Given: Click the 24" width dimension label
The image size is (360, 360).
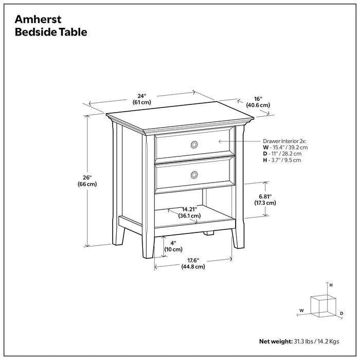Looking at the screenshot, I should tap(141, 98).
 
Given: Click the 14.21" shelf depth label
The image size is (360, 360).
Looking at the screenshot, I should tap(189, 212).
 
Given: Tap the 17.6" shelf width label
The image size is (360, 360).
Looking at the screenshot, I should tap(193, 263).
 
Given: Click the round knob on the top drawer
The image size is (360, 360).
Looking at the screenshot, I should tap(194, 145).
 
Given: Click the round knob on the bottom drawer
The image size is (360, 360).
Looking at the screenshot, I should tap(194, 175).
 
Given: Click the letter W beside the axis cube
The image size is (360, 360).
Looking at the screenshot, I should tap(301, 310).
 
